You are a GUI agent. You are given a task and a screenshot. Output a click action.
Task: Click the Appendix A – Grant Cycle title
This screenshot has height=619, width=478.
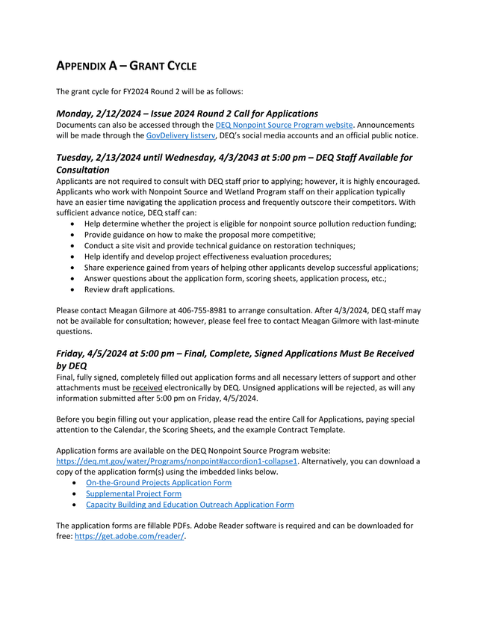[126, 66]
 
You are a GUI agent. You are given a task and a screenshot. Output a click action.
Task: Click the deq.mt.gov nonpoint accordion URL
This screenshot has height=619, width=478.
[177, 461]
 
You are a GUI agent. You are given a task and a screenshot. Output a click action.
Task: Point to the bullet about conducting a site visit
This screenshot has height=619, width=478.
[219, 245]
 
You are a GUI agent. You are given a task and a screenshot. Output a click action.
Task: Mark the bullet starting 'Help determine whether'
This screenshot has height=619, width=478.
[249, 224]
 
